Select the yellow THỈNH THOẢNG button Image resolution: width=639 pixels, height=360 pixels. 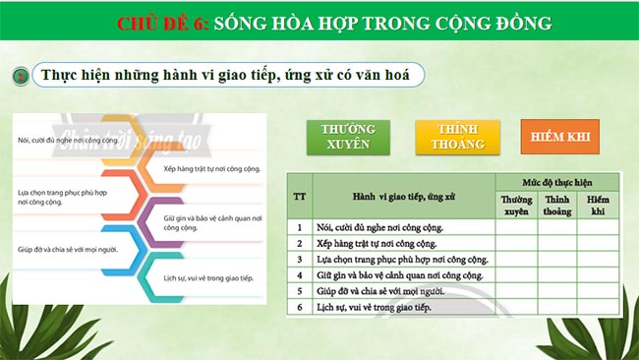point(450,138)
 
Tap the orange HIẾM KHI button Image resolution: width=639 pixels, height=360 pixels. point(559,138)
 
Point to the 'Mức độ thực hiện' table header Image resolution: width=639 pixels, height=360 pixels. point(556,182)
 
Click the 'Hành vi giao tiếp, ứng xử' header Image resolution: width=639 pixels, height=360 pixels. point(403,197)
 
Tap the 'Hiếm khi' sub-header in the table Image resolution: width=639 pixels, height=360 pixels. point(598,205)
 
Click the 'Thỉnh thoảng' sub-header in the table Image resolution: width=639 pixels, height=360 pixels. point(556,205)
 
